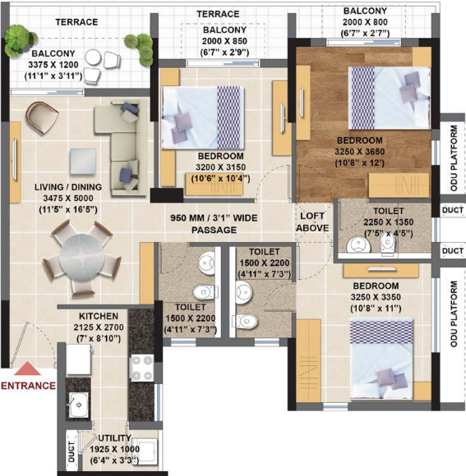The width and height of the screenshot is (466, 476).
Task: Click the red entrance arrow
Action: (x=30, y=371)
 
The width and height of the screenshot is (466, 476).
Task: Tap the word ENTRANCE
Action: (x=28, y=385)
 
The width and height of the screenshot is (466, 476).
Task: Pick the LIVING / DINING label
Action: (x=68, y=187)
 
